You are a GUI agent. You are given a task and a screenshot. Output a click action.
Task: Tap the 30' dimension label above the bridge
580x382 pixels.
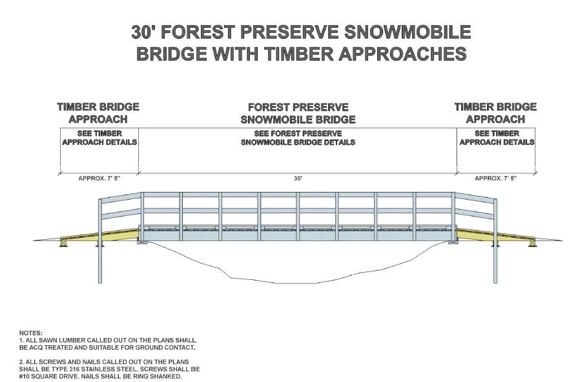[298, 178]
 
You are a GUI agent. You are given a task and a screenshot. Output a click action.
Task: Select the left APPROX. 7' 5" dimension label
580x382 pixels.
[99, 178]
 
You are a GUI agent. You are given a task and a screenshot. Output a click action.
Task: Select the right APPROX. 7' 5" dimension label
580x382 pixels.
[495, 178]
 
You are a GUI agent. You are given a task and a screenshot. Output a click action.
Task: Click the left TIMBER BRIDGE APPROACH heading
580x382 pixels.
[98, 112]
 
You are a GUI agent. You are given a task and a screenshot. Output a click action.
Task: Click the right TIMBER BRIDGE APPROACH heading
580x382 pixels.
[495, 112]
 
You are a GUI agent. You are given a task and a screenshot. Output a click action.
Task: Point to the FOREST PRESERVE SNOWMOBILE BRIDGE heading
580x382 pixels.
[298, 113]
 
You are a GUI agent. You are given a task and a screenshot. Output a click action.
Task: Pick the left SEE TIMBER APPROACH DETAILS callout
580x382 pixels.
[99, 138]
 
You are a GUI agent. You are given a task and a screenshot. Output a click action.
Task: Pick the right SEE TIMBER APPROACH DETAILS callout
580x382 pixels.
[497, 138]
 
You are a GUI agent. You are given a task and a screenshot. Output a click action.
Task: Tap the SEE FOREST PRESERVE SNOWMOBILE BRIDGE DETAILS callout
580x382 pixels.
[298, 138]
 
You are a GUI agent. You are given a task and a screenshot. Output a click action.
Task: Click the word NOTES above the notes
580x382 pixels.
[30, 333]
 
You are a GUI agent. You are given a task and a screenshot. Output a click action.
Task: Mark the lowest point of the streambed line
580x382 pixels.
[258, 282]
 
